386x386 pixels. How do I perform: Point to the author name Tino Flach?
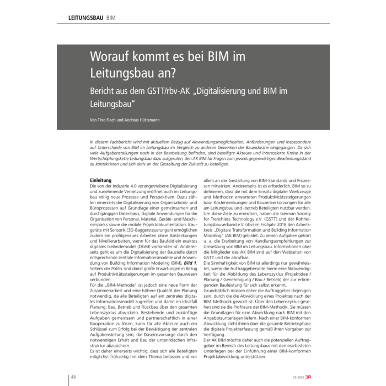(x=108, y=120)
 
